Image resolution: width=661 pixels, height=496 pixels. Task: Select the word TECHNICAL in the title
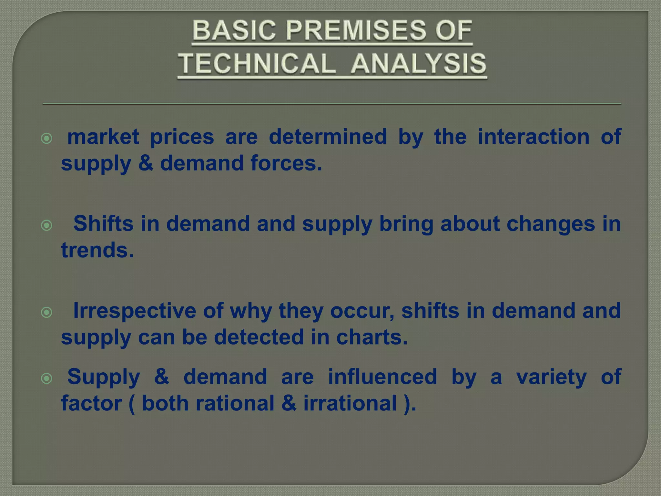tap(257, 63)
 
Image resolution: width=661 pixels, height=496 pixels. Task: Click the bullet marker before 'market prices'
tap(47, 139)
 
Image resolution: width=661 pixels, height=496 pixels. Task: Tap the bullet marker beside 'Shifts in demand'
tap(47, 225)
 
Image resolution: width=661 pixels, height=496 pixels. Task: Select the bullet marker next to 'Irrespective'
tap(47, 312)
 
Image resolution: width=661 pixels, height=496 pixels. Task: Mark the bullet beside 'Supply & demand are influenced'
tap(47, 378)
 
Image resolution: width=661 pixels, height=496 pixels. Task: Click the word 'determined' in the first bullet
tap(328, 137)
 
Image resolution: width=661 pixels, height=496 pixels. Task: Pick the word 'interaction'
tap(534, 137)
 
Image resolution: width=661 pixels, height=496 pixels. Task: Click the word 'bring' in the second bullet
tap(406, 224)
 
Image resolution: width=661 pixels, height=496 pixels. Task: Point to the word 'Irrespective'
tap(135, 311)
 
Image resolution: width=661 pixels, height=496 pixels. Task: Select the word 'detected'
tap(259, 337)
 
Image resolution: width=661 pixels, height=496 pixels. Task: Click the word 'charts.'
tap(372, 337)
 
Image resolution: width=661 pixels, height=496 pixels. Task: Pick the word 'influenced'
tap(382, 377)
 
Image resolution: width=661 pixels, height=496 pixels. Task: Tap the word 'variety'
tap(551, 377)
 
